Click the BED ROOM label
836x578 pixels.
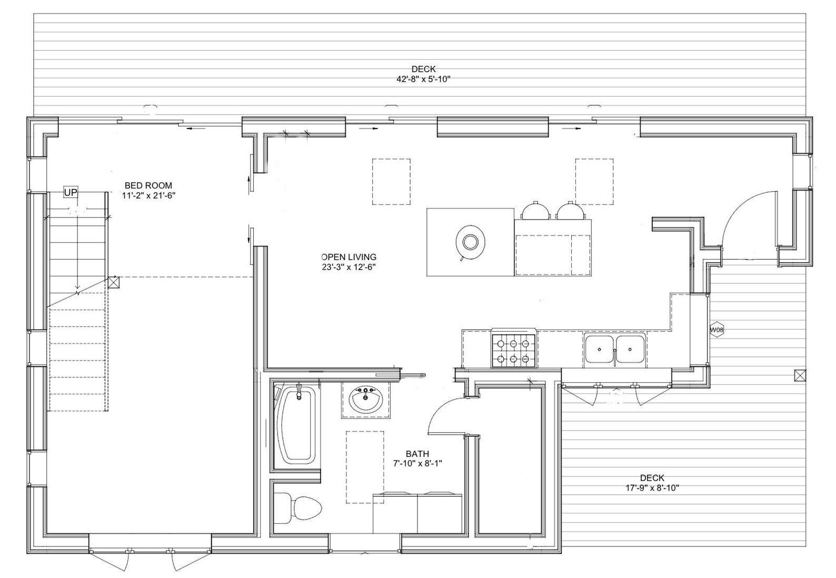[148, 185]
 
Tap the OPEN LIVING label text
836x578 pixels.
[349, 257]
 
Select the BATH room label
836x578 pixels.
[417, 454]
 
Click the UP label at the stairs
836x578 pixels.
[71, 193]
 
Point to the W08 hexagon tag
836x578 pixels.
[716, 330]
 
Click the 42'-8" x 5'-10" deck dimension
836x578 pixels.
[424, 79]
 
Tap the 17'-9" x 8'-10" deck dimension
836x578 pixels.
[652, 487]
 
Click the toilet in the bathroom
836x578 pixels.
[297, 508]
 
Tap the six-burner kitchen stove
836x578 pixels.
[513, 350]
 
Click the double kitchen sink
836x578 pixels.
[615, 349]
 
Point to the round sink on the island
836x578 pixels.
[470, 243]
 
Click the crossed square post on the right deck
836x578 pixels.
[800, 375]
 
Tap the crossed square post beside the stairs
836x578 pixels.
[114, 282]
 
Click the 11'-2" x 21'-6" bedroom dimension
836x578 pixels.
[148, 195]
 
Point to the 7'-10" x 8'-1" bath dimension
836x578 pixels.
[417, 464]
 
